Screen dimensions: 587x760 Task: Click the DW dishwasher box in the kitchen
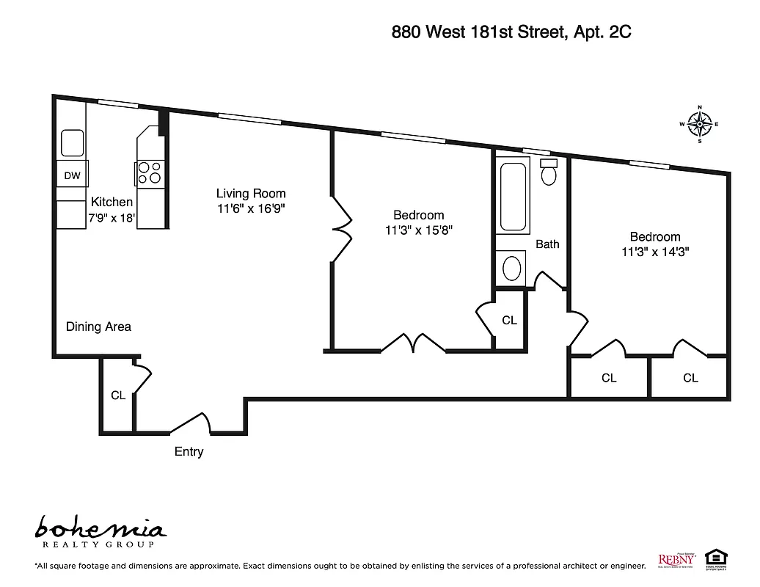tap(72, 175)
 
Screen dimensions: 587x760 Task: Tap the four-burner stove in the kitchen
tap(149, 172)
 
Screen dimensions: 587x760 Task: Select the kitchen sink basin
tap(72, 142)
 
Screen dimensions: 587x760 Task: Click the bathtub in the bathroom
tap(512, 195)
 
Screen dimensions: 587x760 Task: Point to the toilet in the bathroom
tap(549, 172)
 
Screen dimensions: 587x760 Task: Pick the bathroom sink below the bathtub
tap(512, 268)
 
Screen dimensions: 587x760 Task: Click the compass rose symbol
tap(699, 124)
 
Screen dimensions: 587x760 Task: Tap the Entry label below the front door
tap(189, 452)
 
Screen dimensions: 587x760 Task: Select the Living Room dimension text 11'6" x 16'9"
tap(251, 208)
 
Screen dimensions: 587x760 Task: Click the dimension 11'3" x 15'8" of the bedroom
tap(418, 230)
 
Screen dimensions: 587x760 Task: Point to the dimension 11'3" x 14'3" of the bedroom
tap(655, 252)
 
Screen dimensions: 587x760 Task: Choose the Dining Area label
tap(98, 327)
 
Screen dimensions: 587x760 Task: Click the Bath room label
tap(547, 244)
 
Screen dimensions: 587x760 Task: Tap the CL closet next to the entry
tap(118, 395)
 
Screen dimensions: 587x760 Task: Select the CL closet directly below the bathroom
tap(509, 321)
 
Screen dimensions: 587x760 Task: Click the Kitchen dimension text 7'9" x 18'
tap(111, 218)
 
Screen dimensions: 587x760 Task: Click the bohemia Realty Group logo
tap(101, 532)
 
